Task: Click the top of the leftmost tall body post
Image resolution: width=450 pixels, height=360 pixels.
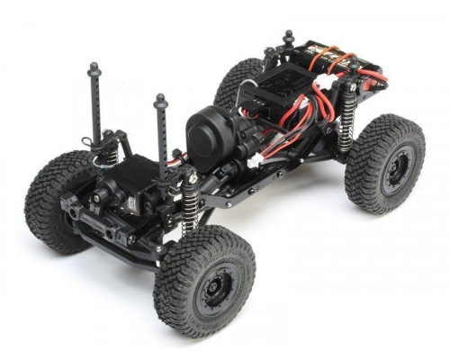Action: pyautogui.click(x=94, y=68)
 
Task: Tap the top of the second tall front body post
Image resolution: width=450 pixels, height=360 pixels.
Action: pyautogui.click(x=161, y=99)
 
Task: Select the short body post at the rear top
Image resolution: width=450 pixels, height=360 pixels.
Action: pyautogui.click(x=289, y=38)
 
